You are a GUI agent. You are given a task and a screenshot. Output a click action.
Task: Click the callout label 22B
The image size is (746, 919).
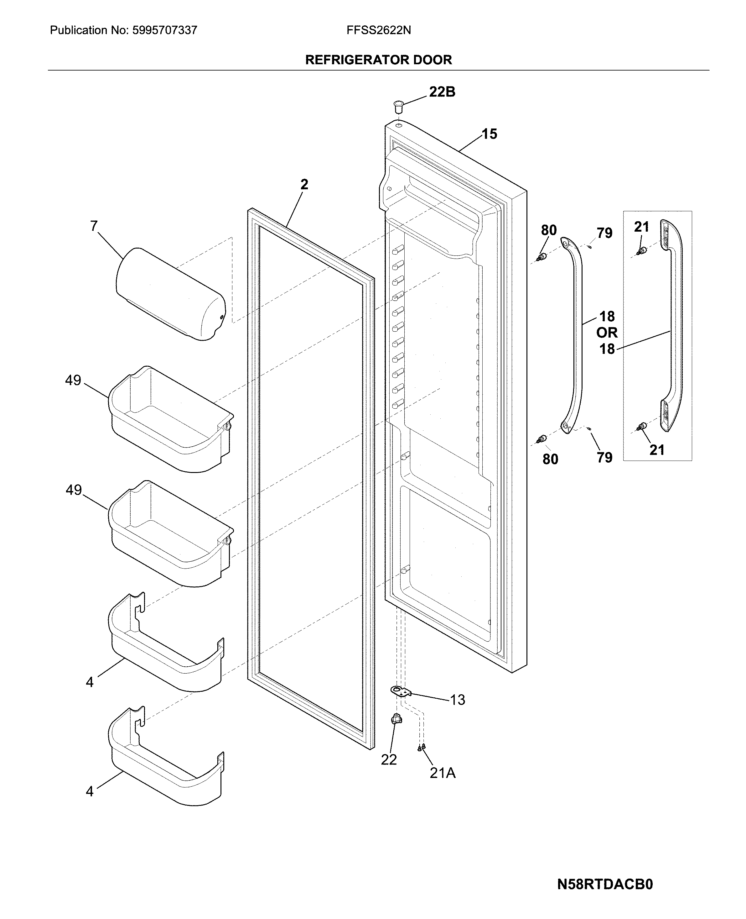click(x=442, y=92)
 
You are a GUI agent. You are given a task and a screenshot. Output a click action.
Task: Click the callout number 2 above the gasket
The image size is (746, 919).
click(x=304, y=185)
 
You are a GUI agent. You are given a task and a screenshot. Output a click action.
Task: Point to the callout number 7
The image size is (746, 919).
click(x=94, y=226)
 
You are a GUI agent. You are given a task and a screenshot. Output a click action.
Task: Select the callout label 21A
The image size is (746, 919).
click(x=442, y=773)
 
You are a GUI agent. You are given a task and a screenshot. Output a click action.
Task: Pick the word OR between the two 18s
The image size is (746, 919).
click(x=607, y=333)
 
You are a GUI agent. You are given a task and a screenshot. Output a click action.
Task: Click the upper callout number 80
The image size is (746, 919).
click(x=549, y=230)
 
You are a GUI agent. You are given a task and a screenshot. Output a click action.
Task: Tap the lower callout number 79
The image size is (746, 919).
click(x=604, y=458)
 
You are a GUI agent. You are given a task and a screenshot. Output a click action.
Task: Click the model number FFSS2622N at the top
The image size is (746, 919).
click(x=379, y=30)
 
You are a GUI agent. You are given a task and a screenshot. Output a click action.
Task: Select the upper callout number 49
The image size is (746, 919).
click(x=73, y=380)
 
